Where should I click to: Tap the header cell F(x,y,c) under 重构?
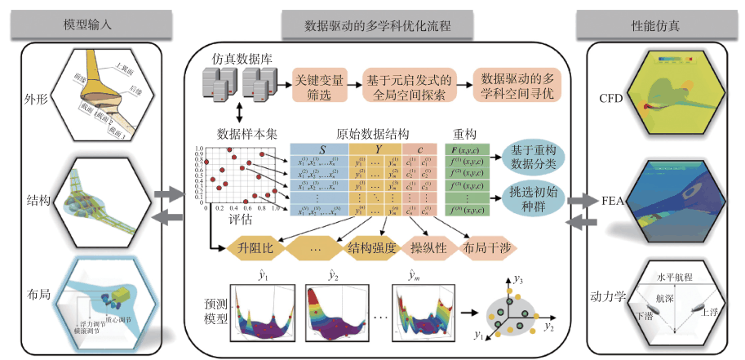click(468, 150)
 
